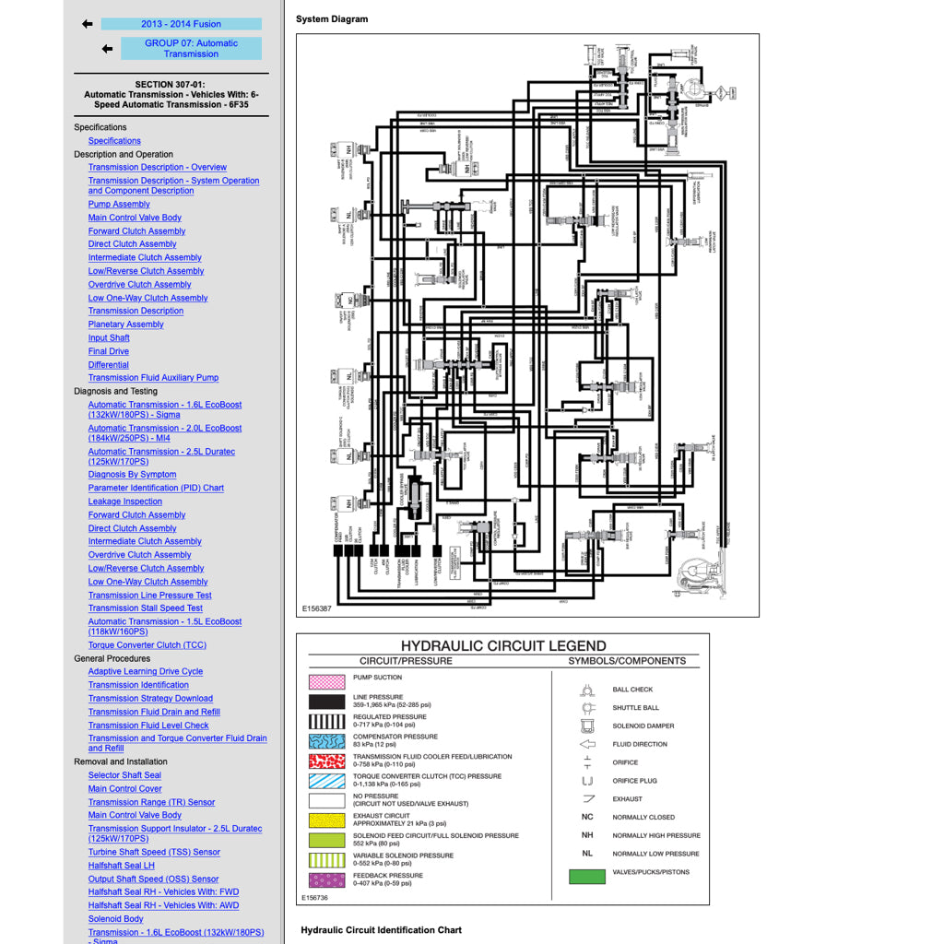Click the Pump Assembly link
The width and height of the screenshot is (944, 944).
119,205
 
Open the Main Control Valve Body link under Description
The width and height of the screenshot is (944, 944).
135,218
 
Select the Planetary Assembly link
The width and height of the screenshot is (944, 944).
125,324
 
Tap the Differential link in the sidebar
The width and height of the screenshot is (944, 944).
108,365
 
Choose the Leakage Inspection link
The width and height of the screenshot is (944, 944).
124,501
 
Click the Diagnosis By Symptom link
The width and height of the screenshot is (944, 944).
132,475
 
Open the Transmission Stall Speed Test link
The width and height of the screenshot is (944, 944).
145,608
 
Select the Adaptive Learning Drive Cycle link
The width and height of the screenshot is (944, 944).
145,672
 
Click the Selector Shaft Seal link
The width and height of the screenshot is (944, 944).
124,775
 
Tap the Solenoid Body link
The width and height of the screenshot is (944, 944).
115,919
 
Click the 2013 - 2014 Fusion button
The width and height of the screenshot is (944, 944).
181,24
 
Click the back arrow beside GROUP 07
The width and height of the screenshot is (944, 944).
107,49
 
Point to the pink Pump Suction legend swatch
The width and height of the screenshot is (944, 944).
326,681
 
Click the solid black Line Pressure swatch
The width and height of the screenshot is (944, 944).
326,702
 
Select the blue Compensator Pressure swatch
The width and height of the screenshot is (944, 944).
326,741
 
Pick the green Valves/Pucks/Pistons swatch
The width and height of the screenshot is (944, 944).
587,876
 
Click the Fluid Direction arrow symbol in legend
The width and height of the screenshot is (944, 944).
587,744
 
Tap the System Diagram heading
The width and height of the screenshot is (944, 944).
332,19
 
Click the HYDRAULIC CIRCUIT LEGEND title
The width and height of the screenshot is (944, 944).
503,645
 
